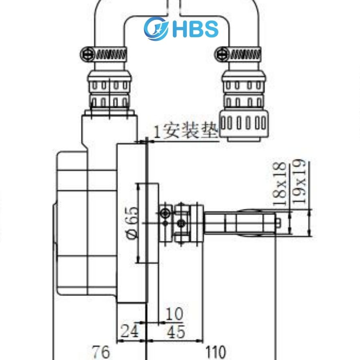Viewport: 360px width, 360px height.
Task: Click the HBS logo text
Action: tap(196, 28)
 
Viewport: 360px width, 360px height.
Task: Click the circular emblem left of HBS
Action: tap(156, 28)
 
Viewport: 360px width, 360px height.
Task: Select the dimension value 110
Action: tap(216, 352)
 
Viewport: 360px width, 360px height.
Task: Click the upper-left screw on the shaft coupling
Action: tap(164, 214)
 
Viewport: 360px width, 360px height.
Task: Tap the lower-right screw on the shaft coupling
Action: tap(182, 222)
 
